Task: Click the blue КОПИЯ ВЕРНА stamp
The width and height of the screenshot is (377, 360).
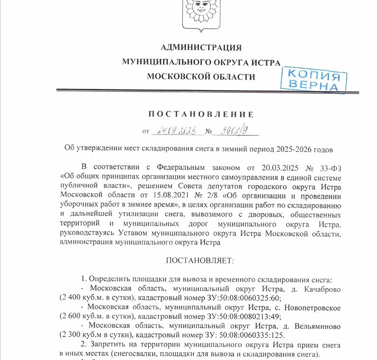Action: tap(314, 79)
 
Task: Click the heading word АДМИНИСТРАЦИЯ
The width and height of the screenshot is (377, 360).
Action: tap(201, 47)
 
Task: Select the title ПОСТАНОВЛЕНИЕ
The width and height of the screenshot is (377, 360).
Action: tap(201, 114)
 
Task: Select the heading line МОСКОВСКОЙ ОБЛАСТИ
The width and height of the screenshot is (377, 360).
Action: tap(201, 77)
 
